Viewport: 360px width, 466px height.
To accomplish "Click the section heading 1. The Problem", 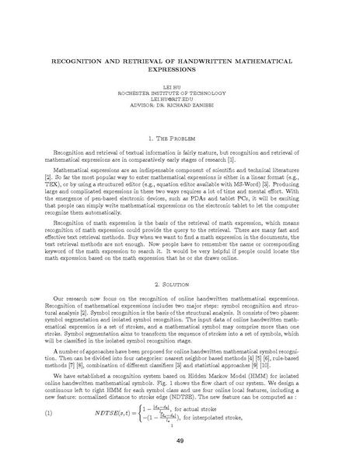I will point(180,138).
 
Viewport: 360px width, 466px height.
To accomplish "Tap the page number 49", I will point(180,443).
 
